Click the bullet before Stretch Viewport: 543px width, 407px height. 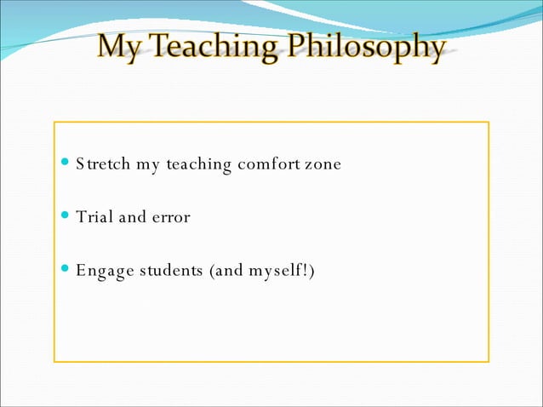(67, 163)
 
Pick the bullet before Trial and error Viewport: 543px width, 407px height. (67, 217)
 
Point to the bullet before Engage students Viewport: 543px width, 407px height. (67, 271)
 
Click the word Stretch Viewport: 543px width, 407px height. (102, 163)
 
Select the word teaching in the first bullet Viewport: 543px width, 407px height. (198, 164)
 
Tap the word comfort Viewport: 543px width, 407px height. (268, 163)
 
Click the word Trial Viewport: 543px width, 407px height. (94, 217)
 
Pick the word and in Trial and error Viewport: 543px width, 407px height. (132, 217)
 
